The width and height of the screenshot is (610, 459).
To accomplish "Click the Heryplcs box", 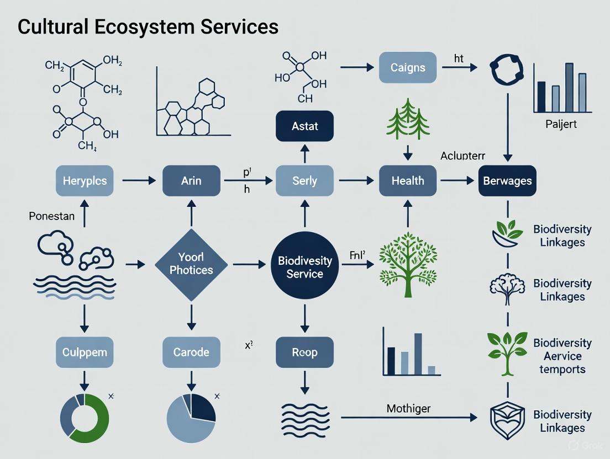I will click(x=85, y=180).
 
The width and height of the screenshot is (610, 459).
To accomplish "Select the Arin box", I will click(x=191, y=180).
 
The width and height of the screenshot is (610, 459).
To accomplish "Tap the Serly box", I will click(x=304, y=180).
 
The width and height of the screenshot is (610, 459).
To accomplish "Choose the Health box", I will click(x=408, y=180).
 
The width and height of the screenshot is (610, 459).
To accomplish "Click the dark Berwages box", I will click(x=507, y=180).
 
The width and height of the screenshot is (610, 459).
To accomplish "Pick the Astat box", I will click(x=304, y=126).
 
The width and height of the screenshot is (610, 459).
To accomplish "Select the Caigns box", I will click(x=408, y=68).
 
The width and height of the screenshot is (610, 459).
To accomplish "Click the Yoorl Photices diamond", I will click(x=191, y=264).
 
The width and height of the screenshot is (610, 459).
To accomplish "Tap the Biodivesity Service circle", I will click(x=304, y=267).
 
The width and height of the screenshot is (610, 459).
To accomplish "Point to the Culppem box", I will click(x=85, y=352).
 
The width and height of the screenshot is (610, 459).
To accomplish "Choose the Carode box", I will click(x=191, y=352).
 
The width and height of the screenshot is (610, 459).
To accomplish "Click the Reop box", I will click(x=304, y=352).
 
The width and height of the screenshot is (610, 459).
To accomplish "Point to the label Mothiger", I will click(x=409, y=409).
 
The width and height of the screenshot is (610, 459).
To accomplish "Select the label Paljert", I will click(x=560, y=124).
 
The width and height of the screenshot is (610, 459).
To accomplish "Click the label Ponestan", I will click(x=51, y=216).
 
